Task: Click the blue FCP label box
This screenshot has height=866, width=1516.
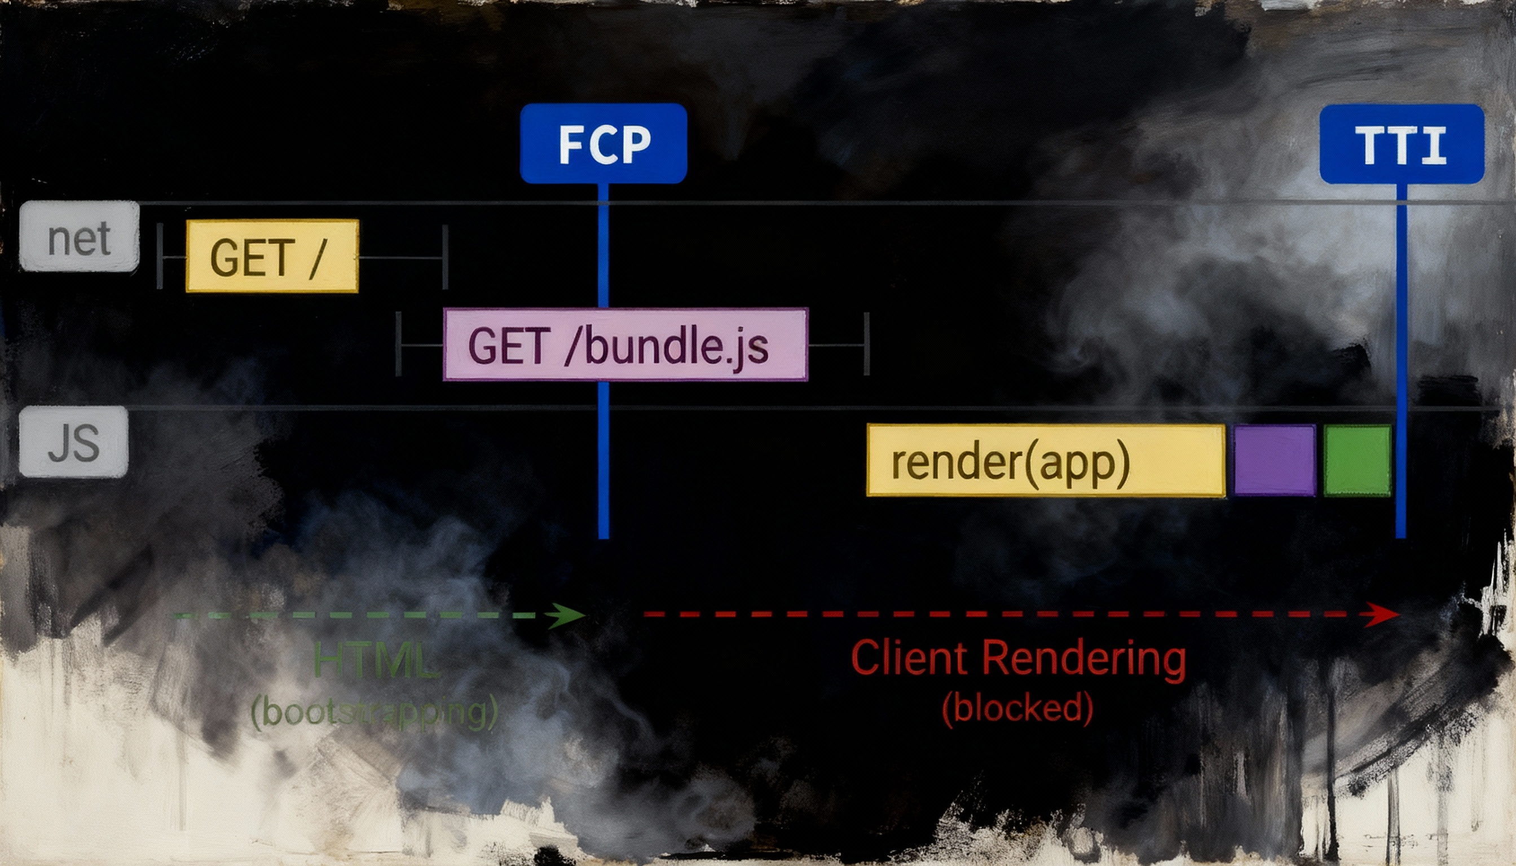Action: point(603,143)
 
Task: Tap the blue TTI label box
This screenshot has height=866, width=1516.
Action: point(1401,144)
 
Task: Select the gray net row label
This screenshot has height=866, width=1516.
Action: point(79,237)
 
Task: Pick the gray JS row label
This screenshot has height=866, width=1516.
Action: point(74,442)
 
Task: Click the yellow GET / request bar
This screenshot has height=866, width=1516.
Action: point(272,256)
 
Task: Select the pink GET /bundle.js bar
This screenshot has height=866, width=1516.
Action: point(625,344)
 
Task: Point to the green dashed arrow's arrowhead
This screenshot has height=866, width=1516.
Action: point(568,616)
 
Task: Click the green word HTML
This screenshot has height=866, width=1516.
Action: point(376,660)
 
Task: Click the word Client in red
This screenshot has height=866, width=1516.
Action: point(910,659)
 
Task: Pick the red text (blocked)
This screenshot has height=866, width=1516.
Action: point(1017,708)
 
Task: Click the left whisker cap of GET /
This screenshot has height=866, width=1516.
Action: point(160,257)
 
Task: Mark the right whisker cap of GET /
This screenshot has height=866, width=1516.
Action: point(445,257)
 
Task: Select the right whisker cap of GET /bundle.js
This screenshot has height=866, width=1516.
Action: point(866,344)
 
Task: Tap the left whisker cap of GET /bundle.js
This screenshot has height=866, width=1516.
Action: point(399,344)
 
